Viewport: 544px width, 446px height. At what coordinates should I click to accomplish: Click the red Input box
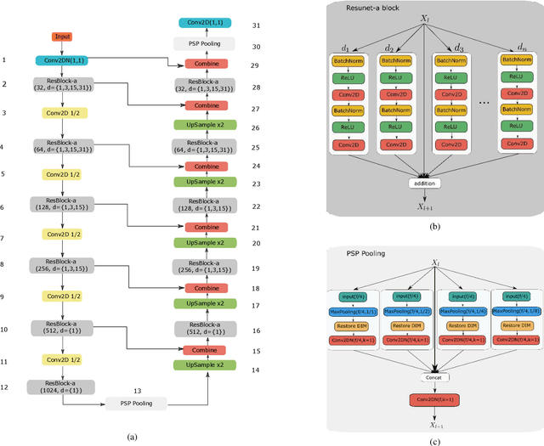click(x=62, y=37)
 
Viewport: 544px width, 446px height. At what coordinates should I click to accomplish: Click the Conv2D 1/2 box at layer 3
click(x=62, y=112)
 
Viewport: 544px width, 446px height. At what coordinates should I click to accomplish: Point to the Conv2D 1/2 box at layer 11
click(x=62, y=360)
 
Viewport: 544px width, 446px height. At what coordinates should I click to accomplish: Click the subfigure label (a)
click(x=131, y=435)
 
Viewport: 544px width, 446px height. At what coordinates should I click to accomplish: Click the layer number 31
click(x=256, y=25)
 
